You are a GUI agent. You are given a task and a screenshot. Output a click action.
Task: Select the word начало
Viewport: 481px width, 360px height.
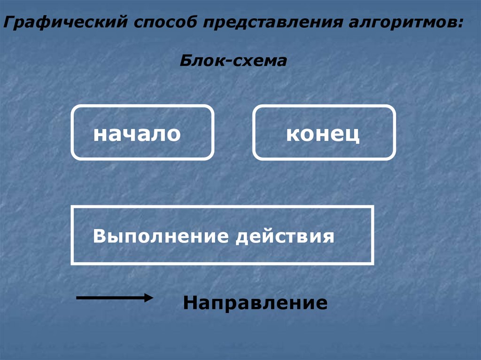point(137,134)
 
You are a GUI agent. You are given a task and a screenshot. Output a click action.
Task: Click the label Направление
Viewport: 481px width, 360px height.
point(255,303)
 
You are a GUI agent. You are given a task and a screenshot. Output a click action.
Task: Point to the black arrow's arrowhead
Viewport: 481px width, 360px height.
point(148,298)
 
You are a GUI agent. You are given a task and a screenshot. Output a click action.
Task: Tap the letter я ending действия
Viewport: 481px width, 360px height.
point(329,236)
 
